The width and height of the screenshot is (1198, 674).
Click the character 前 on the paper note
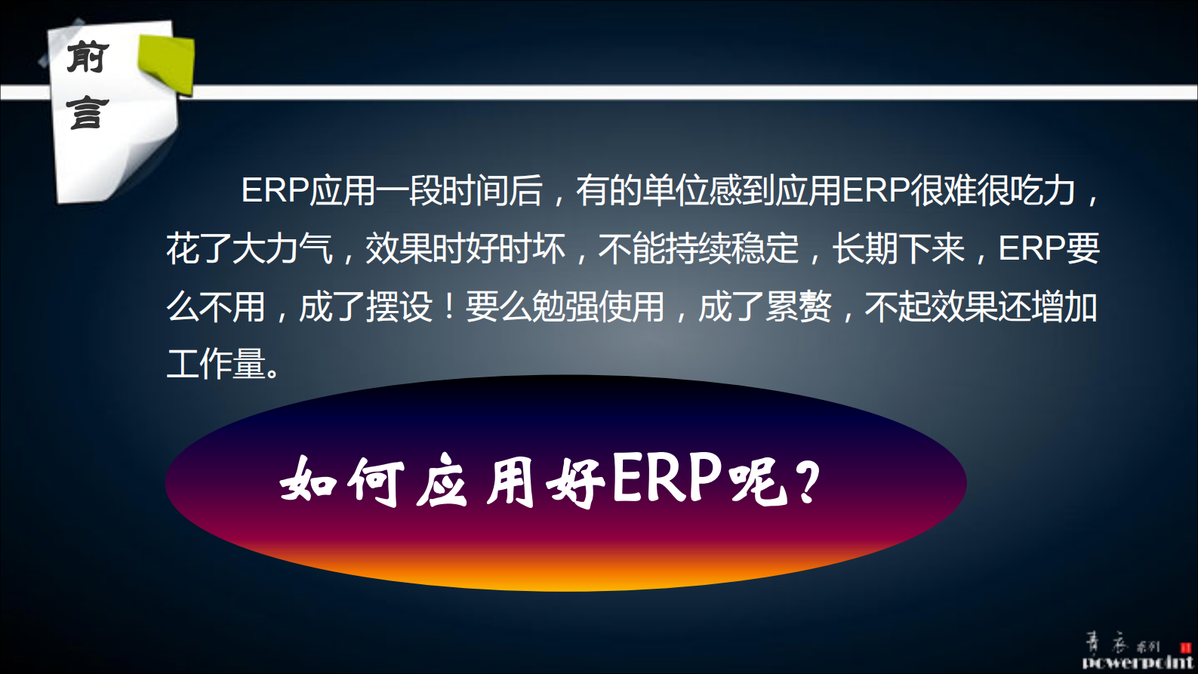coord(88,57)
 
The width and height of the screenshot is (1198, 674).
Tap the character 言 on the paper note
coord(88,112)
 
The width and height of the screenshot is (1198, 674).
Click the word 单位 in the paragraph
coord(675,190)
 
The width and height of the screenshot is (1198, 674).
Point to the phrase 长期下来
coord(898,248)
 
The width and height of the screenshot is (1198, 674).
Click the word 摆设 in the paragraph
coord(399,307)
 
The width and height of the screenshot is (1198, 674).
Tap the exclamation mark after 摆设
coord(449,307)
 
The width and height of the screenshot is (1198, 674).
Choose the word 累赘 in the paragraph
coord(798,307)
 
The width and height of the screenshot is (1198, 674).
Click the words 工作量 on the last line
coord(216,364)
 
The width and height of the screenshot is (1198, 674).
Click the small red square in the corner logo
coord(1185,648)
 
